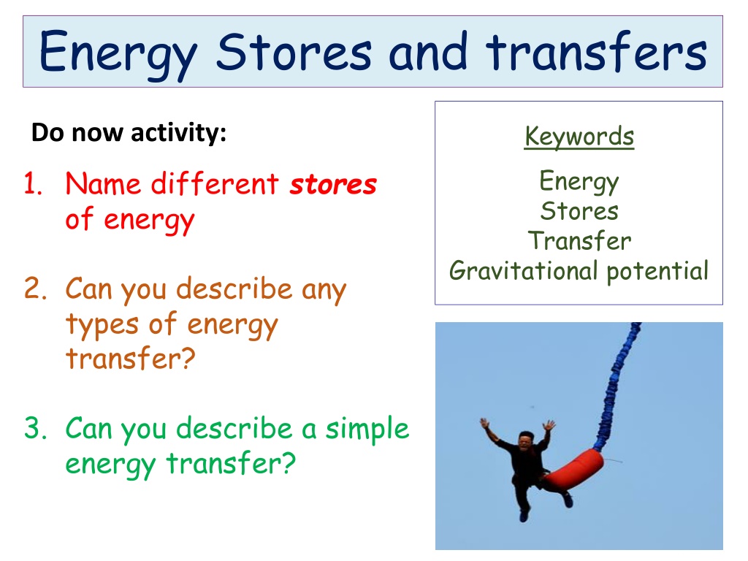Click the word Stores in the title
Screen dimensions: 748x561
click(294, 52)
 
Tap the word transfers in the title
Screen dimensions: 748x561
click(596, 51)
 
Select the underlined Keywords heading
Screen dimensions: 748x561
click(579, 137)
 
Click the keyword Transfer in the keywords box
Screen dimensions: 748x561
click(579, 240)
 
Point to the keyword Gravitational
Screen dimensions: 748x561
click(523, 271)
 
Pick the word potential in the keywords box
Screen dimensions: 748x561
click(657, 272)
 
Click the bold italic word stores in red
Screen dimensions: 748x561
click(333, 185)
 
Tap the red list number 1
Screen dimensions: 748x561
click(33, 183)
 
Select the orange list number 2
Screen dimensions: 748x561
click(35, 288)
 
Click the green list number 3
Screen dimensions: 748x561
click(35, 428)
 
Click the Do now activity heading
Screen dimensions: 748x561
click(129, 133)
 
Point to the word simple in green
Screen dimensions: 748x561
click(367, 430)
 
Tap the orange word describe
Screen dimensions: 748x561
click(234, 289)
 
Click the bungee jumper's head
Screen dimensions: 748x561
click(526, 440)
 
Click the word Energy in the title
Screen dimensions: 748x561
click(118, 54)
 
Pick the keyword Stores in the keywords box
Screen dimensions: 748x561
click(579, 211)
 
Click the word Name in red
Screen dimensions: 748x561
click(103, 183)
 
